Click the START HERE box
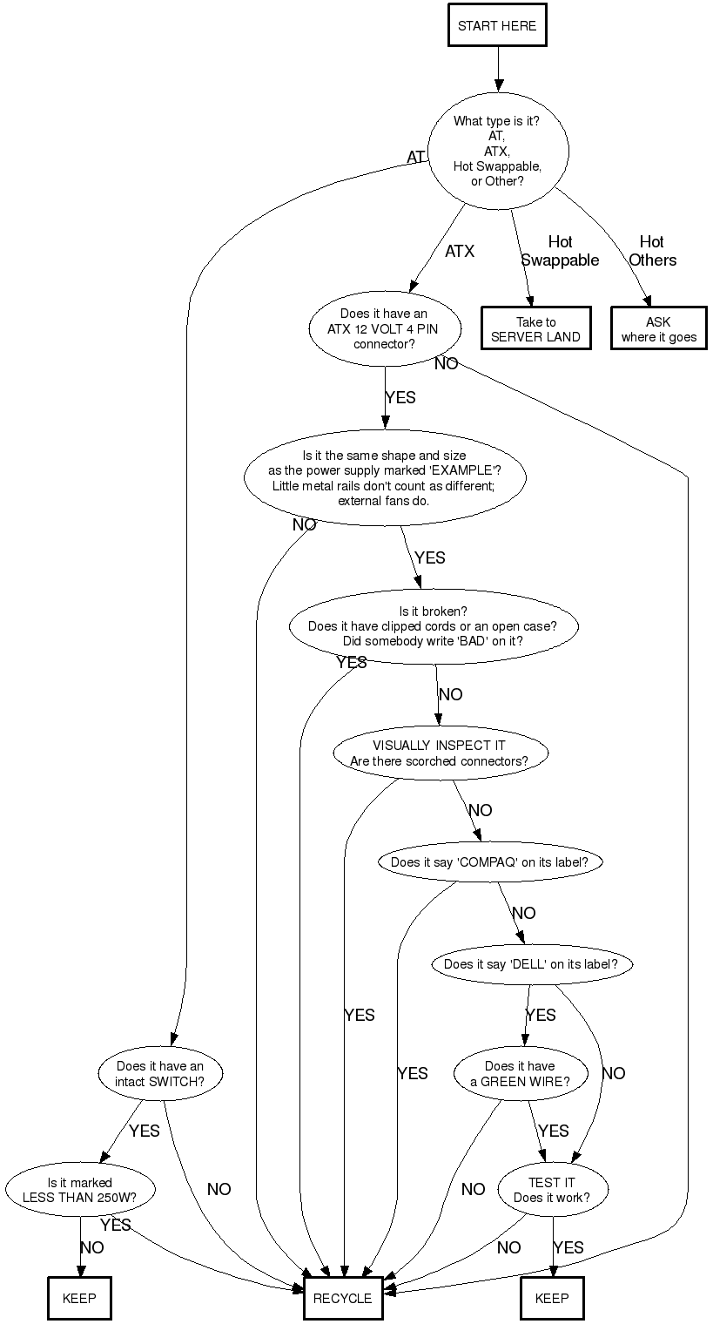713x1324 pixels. coord(497,26)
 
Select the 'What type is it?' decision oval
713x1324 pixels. coord(497,151)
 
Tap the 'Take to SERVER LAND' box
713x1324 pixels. coord(535,329)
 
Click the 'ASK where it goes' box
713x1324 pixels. coord(658,329)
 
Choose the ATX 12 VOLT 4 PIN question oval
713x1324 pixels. coord(384,328)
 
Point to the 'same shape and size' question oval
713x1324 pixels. coord(384,478)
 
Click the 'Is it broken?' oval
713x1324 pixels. coord(434,626)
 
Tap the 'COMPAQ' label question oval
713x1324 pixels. coord(489,862)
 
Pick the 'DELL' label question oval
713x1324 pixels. coord(531,964)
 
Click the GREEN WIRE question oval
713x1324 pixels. coord(520,1074)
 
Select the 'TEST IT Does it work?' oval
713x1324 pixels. coord(552,1190)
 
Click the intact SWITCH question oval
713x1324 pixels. coord(160,1074)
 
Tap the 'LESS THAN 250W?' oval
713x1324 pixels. coord(80,1190)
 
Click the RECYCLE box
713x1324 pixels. coord(342,1298)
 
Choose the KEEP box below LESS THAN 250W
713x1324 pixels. coord(79,1298)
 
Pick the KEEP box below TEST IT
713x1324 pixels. coord(552,1298)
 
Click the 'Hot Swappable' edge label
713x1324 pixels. coord(560,251)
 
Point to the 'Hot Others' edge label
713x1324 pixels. coord(652,251)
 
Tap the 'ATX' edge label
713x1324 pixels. coord(460,252)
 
